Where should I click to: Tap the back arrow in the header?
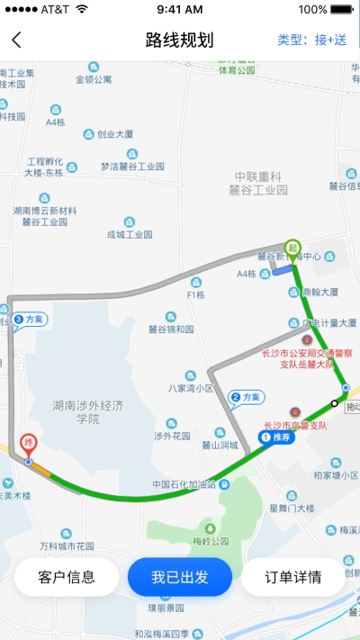click(x=16, y=40)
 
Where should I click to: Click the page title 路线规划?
click(x=180, y=40)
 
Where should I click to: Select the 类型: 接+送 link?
click(x=311, y=40)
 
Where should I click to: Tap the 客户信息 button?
click(x=67, y=577)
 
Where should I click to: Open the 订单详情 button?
click(x=293, y=577)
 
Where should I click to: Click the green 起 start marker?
click(x=292, y=247)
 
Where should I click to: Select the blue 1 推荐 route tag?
click(x=276, y=437)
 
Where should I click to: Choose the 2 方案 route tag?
click(x=246, y=397)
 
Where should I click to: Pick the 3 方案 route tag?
click(x=29, y=319)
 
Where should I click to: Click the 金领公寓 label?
click(x=94, y=79)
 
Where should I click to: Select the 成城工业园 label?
click(x=130, y=234)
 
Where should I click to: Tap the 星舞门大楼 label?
click(x=292, y=509)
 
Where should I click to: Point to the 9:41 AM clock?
click(x=180, y=9)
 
